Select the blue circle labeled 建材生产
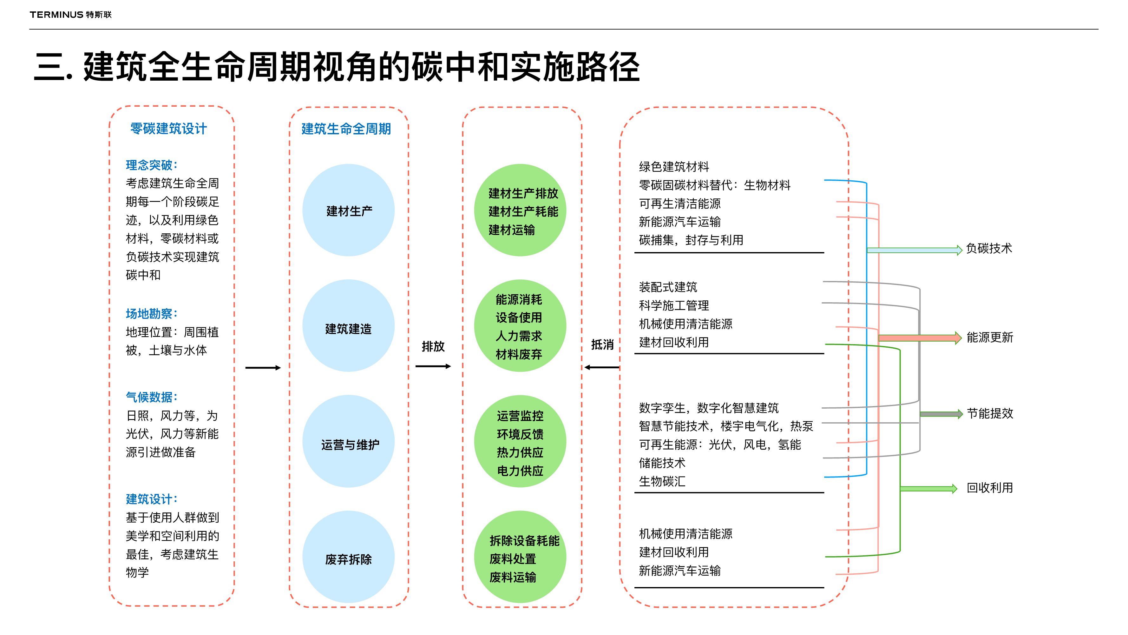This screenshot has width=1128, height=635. tap(349, 211)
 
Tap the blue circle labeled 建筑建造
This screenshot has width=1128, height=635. tap(349, 326)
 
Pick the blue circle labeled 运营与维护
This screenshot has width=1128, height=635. tap(349, 442)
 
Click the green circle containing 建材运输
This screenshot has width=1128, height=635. tap(520, 211)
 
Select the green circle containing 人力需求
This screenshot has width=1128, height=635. tap(520, 326)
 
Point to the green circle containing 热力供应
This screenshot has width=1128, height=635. tap(520, 442)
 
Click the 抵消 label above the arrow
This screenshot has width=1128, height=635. tap(602, 345)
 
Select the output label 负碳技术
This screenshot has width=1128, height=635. tap(989, 249)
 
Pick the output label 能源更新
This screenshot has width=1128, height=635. tap(990, 338)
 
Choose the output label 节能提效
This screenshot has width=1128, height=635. tap(990, 413)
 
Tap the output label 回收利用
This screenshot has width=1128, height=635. tap(990, 488)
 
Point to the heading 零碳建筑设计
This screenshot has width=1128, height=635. tap(168, 129)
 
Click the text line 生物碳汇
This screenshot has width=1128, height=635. tap(662, 482)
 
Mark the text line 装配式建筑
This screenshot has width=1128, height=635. tap(668, 287)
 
